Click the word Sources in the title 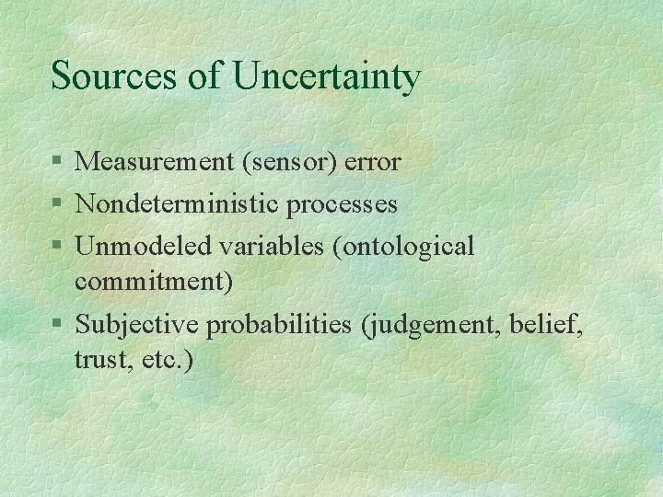tap(115, 75)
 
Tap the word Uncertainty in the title tap(327, 77)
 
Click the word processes tap(342, 204)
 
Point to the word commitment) tap(154, 281)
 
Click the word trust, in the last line tap(102, 359)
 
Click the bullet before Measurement tap(58, 163)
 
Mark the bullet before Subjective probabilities tap(58, 324)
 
